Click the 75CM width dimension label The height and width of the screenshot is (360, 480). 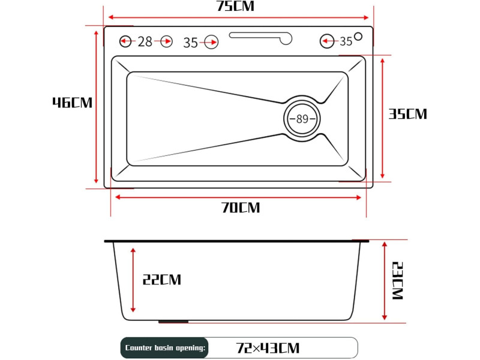pos(235,6)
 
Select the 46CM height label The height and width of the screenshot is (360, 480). pos(72,103)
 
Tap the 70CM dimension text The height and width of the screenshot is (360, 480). pos(241,208)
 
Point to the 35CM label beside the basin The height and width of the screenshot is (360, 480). pos(407,114)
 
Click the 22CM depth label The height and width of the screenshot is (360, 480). pos(161,280)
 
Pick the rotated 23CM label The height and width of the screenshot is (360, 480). pos(398,281)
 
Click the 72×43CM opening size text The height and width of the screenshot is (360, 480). pos(268,348)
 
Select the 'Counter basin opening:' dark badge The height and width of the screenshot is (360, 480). pos(164,348)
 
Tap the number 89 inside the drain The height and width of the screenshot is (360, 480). pos(302,119)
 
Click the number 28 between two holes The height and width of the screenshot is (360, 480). pos(145,41)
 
